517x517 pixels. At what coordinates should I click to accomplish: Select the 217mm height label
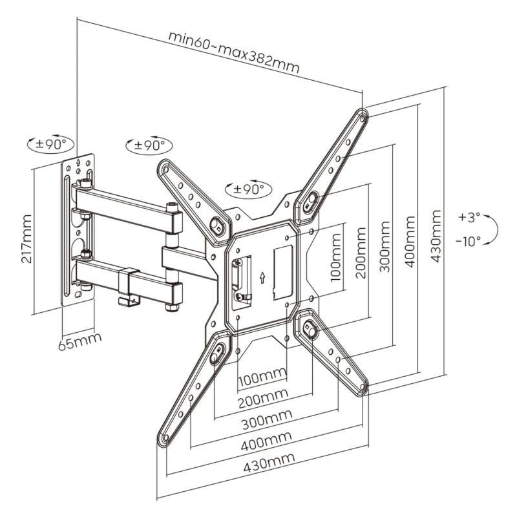(x=25, y=238)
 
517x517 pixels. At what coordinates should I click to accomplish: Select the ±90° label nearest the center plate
(x=249, y=189)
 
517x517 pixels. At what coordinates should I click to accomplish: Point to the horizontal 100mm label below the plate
(x=262, y=375)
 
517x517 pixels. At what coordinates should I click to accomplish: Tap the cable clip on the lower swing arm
(x=128, y=285)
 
